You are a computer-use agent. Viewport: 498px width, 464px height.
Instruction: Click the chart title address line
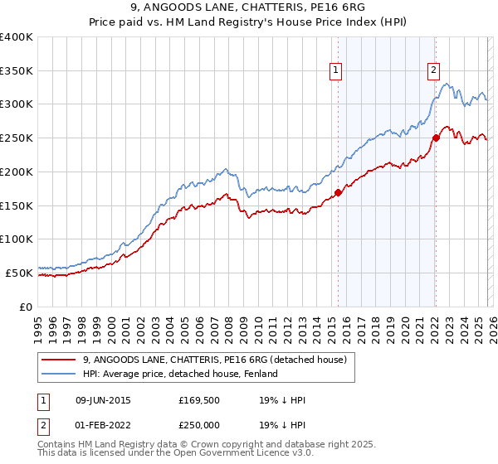[249, 7]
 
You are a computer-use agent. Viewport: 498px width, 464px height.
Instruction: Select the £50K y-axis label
[19, 272]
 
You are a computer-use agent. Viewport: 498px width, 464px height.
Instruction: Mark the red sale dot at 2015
[338, 192]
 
